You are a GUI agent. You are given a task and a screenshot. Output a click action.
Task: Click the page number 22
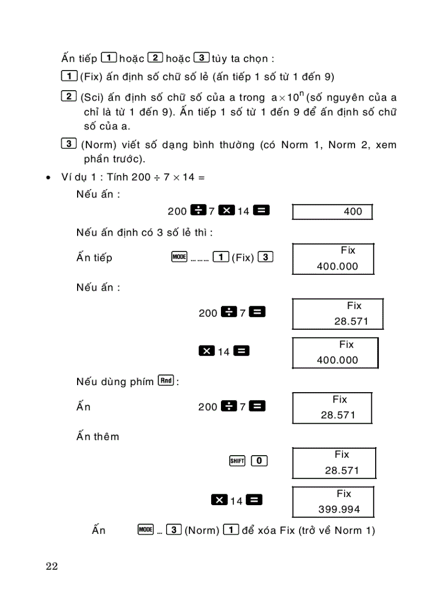pos(52,566)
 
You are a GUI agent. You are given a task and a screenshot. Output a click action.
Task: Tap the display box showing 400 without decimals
pos(332,211)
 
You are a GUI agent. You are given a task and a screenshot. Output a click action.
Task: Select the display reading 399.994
pos(333,501)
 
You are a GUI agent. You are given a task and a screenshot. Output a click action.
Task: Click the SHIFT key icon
pos(237,461)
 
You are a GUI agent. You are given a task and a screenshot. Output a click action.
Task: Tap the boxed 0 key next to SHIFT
pos(260,461)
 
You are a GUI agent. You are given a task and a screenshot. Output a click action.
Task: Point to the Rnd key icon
pos(166,381)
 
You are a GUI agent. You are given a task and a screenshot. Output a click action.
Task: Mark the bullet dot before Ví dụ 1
pos(48,178)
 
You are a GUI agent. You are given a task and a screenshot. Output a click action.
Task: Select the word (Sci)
pos(92,98)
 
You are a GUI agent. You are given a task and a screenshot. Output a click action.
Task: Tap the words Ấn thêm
pos(98,436)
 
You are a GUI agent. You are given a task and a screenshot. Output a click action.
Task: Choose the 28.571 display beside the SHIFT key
pos(333,463)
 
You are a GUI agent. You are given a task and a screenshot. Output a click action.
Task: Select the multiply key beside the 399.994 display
pos(219,500)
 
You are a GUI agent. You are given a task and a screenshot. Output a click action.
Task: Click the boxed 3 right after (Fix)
pos(265,257)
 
